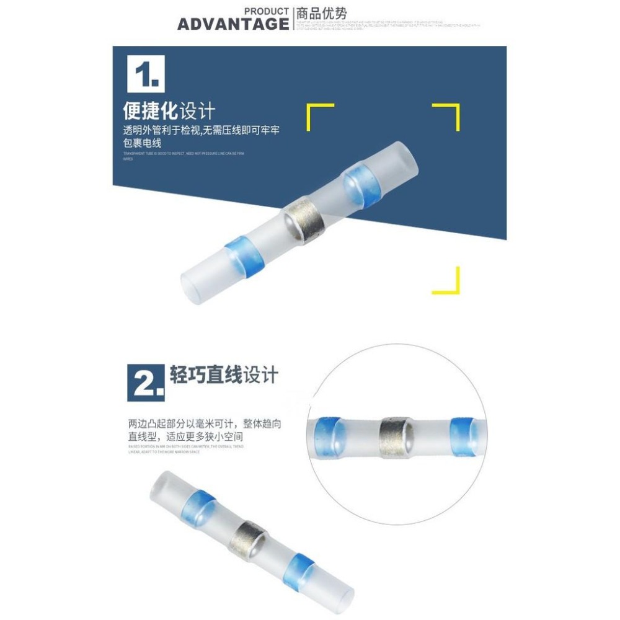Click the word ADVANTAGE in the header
click(x=233, y=24)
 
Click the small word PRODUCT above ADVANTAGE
click(x=267, y=11)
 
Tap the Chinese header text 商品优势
click(x=322, y=13)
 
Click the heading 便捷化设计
click(x=169, y=112)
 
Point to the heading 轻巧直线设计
click(x=224, y=375)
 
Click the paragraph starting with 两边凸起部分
click(x=205, y=432)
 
